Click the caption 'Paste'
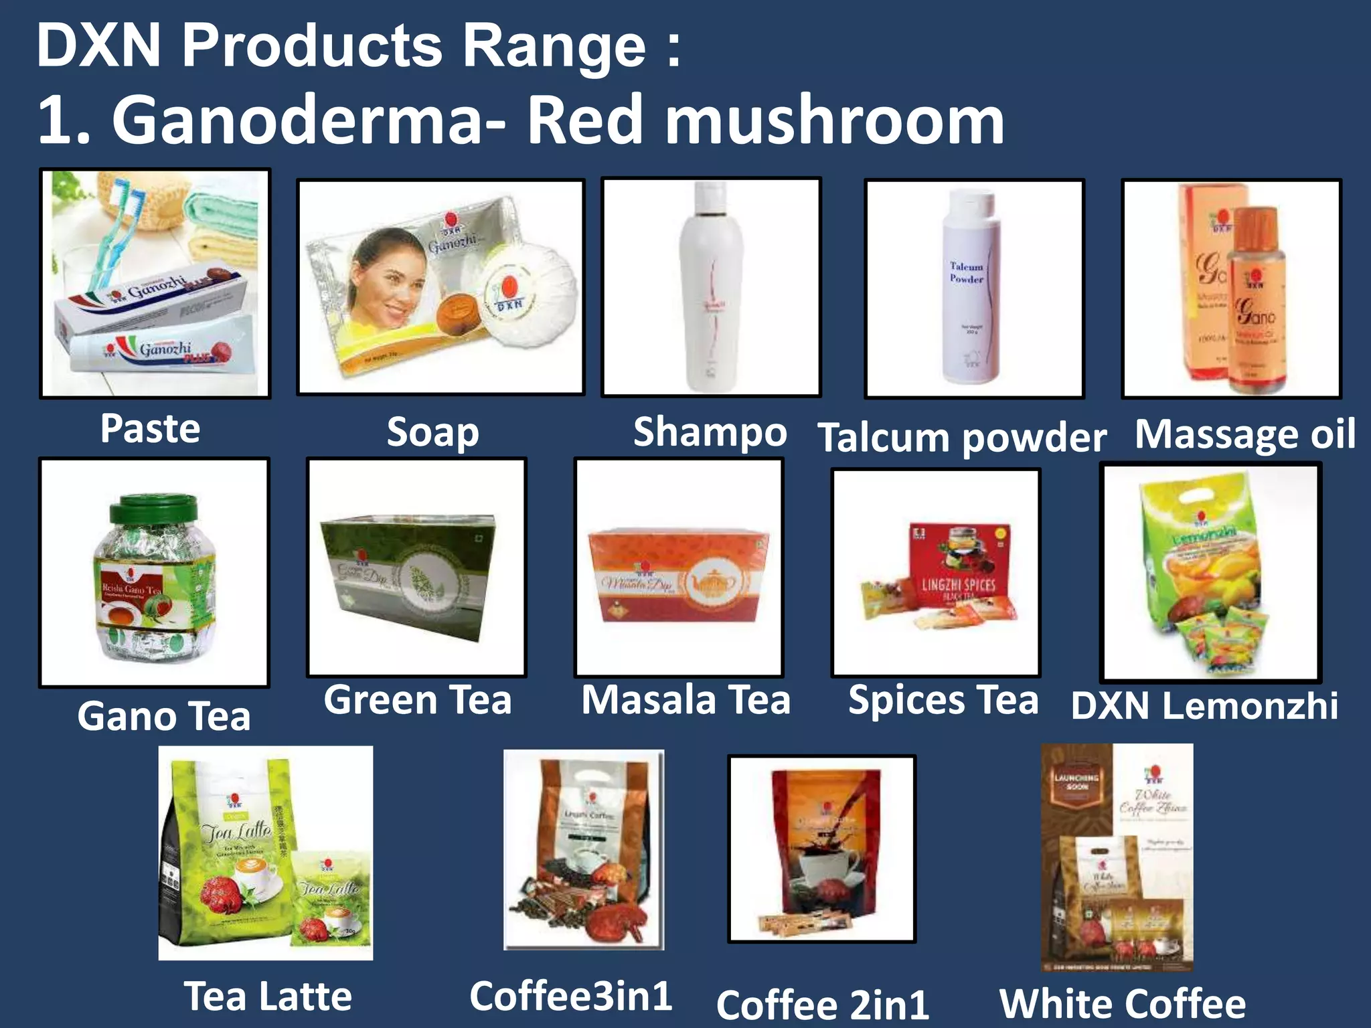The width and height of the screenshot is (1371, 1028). click(x=150, y=428)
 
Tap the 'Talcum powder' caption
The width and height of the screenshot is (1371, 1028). click(x=962, y=438)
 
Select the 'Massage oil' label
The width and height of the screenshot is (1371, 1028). click(x=1245, y=434)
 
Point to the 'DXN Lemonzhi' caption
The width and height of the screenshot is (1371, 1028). click(x=1204, y=706)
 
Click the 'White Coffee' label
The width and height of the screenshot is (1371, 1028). click(x=1122, y=1003)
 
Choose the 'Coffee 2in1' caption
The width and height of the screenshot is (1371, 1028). click(x=822, y=1005)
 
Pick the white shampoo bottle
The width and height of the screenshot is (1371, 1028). click(x=710, y=288)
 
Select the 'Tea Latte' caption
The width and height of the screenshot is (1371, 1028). click(x=268, y=997)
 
